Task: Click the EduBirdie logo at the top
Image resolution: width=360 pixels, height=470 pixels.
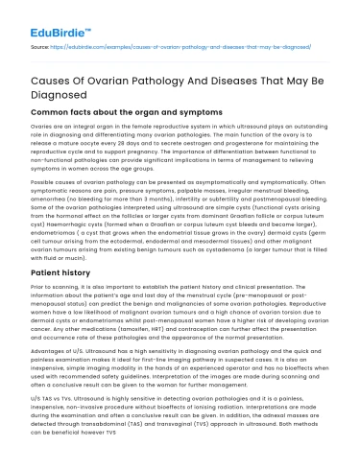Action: click(47, 18)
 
